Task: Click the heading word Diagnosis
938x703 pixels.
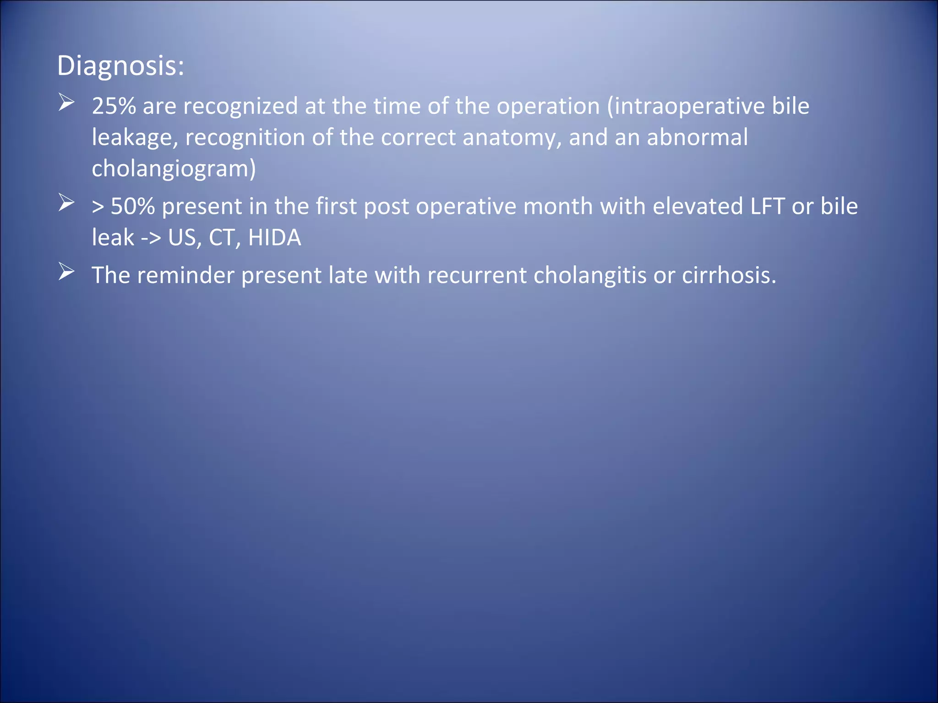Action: coord(120,66)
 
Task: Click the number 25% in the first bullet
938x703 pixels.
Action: coord(114,106)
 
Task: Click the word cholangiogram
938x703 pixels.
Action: coord(173,169)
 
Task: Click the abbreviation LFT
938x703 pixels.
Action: coord(767,206)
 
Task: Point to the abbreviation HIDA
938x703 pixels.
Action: coord(274,238)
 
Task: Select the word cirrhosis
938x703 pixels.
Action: coord(729,276)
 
